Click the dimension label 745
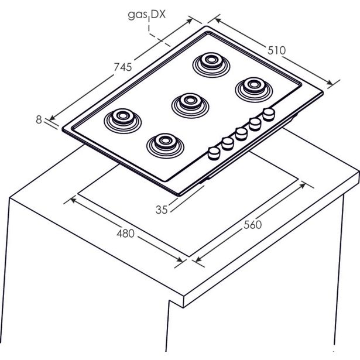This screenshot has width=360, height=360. click(x=123, y=67)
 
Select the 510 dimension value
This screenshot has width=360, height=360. click(x=277, y=50)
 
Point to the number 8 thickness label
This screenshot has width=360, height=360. click(x=39, y=119)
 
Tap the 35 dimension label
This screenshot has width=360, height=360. click(x=162, y=210)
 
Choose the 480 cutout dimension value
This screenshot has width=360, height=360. click(x=125, y=234)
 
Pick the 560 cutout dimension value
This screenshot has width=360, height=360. click(x=253, y=225)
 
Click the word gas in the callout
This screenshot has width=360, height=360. click(x=137, y=15)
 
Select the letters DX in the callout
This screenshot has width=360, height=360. click(x=158, y=15)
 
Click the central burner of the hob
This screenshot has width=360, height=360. click(x=190, y=105)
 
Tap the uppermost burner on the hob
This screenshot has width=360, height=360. click(x=211, y=65)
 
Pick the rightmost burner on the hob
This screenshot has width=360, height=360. click(x=254, y=90)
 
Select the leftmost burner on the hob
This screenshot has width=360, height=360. click(x=122, y=121)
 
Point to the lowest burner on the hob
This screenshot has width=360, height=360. click(x=165, y=146)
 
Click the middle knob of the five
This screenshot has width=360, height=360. click(x=241, y=134)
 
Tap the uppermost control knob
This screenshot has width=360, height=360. click(x=269, y=115)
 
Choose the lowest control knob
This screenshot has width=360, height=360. click(x=214, y=153)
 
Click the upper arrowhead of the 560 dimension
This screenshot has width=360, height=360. click(x=303, y=185)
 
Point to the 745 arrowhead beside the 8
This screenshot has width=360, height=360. click(x=53, y=118)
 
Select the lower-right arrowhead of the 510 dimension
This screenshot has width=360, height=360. click(x=329, y=83)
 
